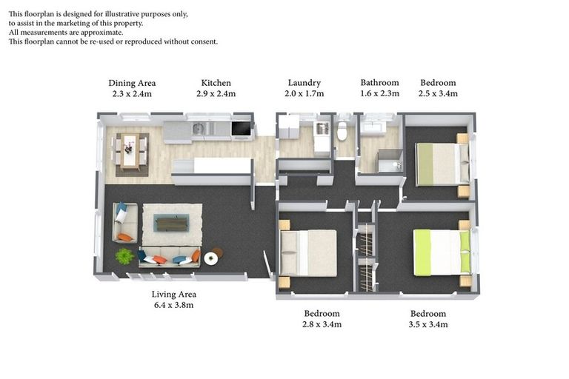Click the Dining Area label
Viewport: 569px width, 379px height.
tap(132, 83)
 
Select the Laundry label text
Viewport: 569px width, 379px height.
tap(304, 83)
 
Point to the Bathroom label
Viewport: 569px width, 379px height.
tap(379, 83)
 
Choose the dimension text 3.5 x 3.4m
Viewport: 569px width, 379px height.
tap(428, 324)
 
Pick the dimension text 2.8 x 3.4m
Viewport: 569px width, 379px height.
tap(322, 324)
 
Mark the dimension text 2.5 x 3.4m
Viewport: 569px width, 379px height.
tap(438, 94)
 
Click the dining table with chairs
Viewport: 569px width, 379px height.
tap(132, 151)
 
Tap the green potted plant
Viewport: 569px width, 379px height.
tap(124, 256)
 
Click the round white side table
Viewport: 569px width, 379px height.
tap(211, 258)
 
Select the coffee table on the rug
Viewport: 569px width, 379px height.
tap(171, 222)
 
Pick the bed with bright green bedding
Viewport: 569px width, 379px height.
tap(442, 252)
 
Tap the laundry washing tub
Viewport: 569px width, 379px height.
tap(322, 130)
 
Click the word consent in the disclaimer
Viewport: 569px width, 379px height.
tap(204, 41)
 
